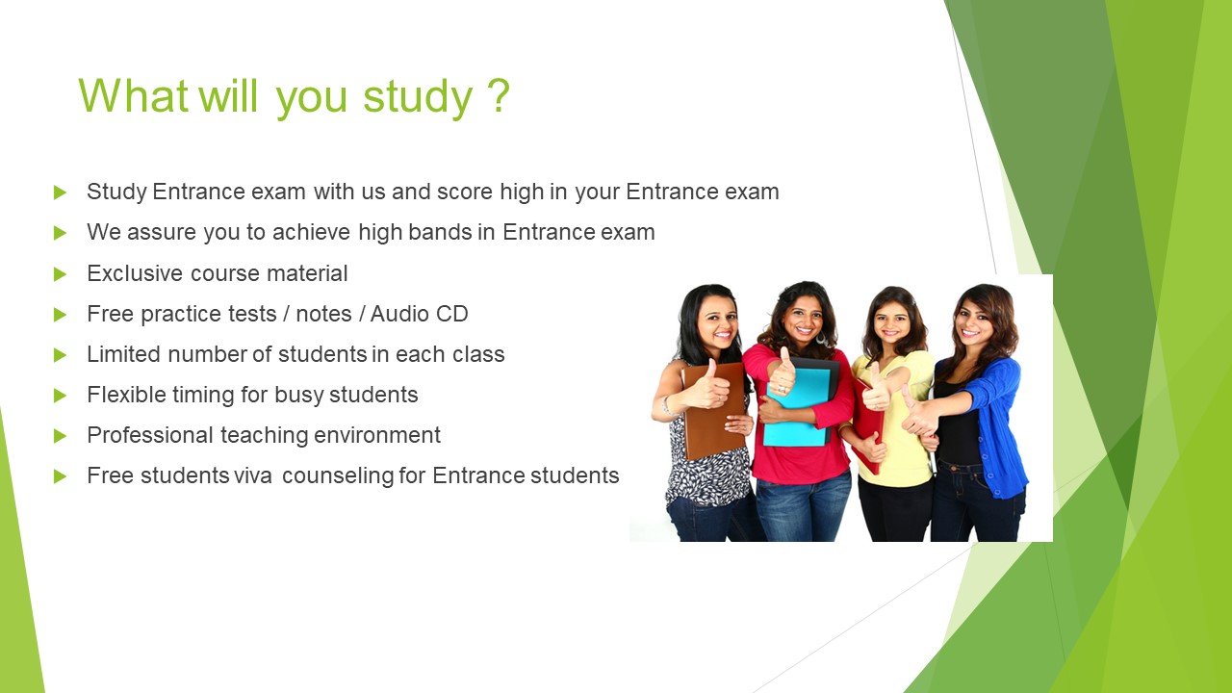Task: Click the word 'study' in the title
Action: (x=418, y=97)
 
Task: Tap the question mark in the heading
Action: (x=499, y=94)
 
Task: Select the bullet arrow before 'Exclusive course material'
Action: (x=60, y=274)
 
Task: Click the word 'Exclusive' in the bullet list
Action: (x=135, y=273)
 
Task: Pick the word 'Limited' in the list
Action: (x=123, y=354)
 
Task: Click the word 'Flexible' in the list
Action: (x=125, y=395)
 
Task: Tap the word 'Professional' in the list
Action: (x=149, y=435)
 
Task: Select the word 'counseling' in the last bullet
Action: (x=338, y=476)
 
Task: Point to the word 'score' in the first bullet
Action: (x=464, y=192)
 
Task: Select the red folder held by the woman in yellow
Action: (x=867, y=426)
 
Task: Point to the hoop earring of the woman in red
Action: (x=821, y=337)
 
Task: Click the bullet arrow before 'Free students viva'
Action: (x=60, y=476)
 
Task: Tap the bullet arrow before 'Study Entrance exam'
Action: (x=60, y=192)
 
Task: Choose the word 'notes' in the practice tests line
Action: (x=323, y=314)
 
